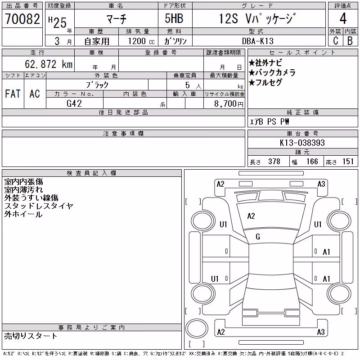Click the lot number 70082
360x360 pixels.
tap(22, 19)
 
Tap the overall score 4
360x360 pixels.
tap(343, 18)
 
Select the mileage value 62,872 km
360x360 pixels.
tap(49, 64)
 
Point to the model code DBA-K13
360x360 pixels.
tap(258, 41)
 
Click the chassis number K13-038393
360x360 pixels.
tap(302, 143)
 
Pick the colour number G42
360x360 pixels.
tap(74, 103)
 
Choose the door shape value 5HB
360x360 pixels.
tap(174, 18)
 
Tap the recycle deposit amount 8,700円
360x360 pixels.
tap(229, 104)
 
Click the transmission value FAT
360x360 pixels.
tap(13, 94)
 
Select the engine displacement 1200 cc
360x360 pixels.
tap(141, 41)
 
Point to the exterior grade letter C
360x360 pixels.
tap(335, 41)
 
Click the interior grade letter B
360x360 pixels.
tap(350, 41)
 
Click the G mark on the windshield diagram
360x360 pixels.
tap(258, 237)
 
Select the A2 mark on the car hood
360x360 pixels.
tap(251, 216)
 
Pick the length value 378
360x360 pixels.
tap(274, 162)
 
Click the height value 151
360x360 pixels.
tap(348, 162)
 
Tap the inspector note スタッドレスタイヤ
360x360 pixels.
tap(39, 206)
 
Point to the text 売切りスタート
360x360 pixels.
tap(31, 336)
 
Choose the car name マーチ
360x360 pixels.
tap(117, 19)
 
